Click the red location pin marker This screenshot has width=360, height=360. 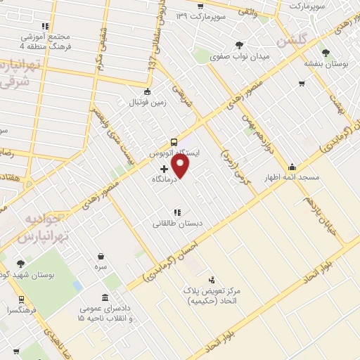[x=181, y=166]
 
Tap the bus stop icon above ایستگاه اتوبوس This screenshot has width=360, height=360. [x=174, y=141]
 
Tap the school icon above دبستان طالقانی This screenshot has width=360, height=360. [x=177, y=212]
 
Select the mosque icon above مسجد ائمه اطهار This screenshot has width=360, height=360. [x=292, y=167]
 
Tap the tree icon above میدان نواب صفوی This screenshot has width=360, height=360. [x=239, y=44]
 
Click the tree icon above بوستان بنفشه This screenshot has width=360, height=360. [x=325, y=52]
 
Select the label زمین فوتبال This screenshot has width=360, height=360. [x=146, y=103]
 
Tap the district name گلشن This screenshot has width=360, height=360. [x=292, y=41]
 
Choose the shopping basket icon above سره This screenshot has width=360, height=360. [x=102, y=256]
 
